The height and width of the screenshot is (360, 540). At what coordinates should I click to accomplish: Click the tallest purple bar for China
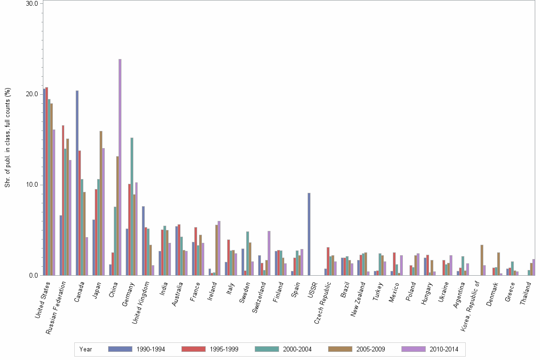tap(120, 167)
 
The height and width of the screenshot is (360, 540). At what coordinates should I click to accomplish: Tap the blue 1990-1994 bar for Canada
tap(77, 183)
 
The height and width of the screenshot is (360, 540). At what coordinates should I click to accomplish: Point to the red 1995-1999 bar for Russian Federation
tap(63, 200)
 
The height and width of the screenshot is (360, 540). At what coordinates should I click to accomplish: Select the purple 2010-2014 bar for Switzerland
tap(269, 253)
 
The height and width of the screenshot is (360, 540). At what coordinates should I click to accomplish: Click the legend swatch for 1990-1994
tap(120, 349)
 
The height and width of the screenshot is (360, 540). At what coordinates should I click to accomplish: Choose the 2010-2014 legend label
tap(444, 349)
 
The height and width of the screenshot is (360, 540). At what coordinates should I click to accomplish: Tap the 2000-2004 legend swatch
tap(267, 349)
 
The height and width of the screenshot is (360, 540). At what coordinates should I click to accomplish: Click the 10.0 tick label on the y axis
tap(32, 185)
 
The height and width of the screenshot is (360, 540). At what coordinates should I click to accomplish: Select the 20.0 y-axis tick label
tap(32, 94)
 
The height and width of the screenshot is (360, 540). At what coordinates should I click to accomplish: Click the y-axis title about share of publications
tap(7, 138)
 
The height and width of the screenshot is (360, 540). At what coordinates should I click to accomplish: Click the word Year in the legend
tap(86, 349)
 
